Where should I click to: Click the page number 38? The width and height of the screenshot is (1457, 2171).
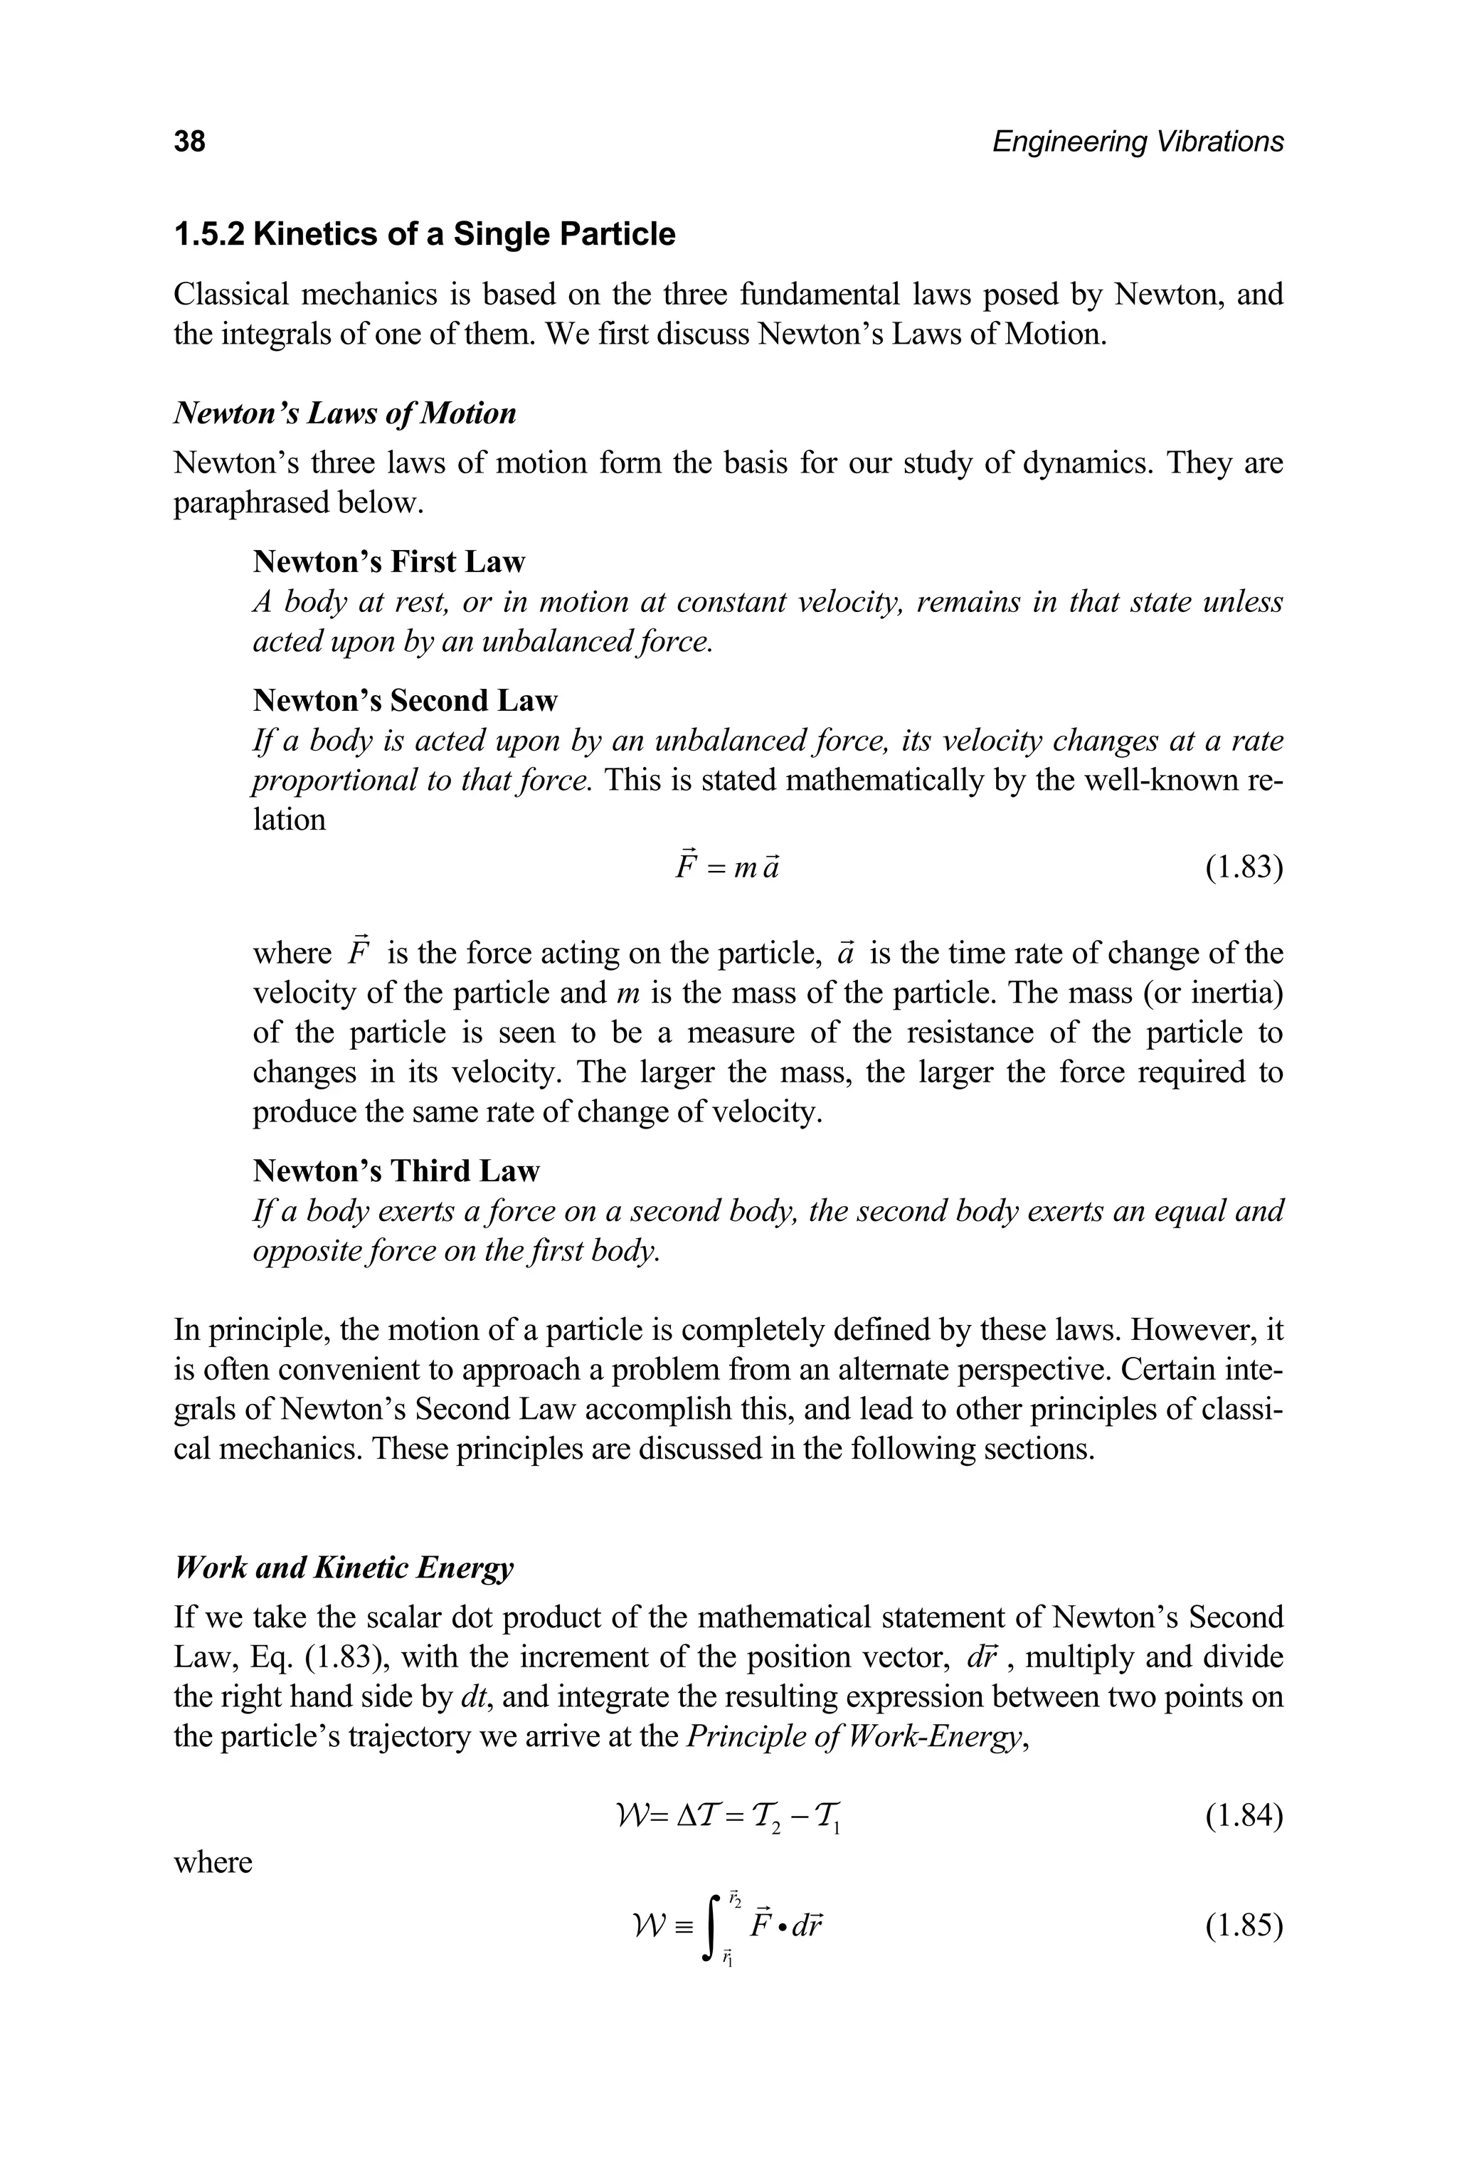click(189, 142)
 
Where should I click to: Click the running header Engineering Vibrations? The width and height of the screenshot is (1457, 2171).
click(1138, 142)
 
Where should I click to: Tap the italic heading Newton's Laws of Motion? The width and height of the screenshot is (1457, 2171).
click(345, 413)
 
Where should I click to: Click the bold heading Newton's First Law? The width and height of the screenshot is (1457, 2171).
click(388, 562)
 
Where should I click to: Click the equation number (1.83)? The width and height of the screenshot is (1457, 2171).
click(1244, 868)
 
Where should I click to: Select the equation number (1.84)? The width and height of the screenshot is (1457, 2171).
click(1244, 1814)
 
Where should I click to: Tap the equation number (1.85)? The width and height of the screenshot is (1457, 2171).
click(1244, 1926)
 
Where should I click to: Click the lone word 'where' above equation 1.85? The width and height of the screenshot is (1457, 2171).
click(213, 1862)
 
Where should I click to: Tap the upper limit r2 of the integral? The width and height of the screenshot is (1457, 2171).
click(734, 1898)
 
